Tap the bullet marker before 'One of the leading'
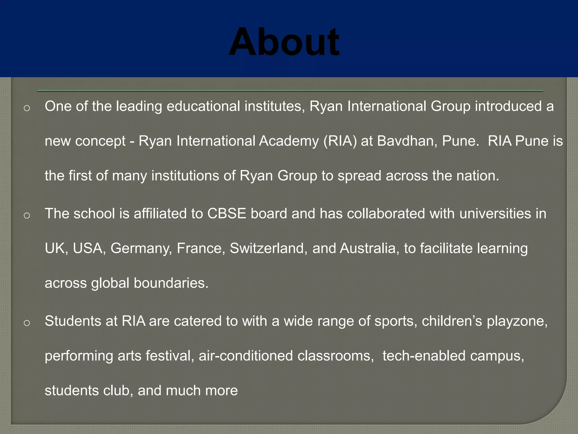[27, 108]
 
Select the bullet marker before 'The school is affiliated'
[27, 216]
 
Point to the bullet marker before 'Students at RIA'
[27, 323]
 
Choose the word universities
[495, 214]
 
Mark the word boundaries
[171, 283]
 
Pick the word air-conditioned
[246, 356]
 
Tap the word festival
[170, 356]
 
